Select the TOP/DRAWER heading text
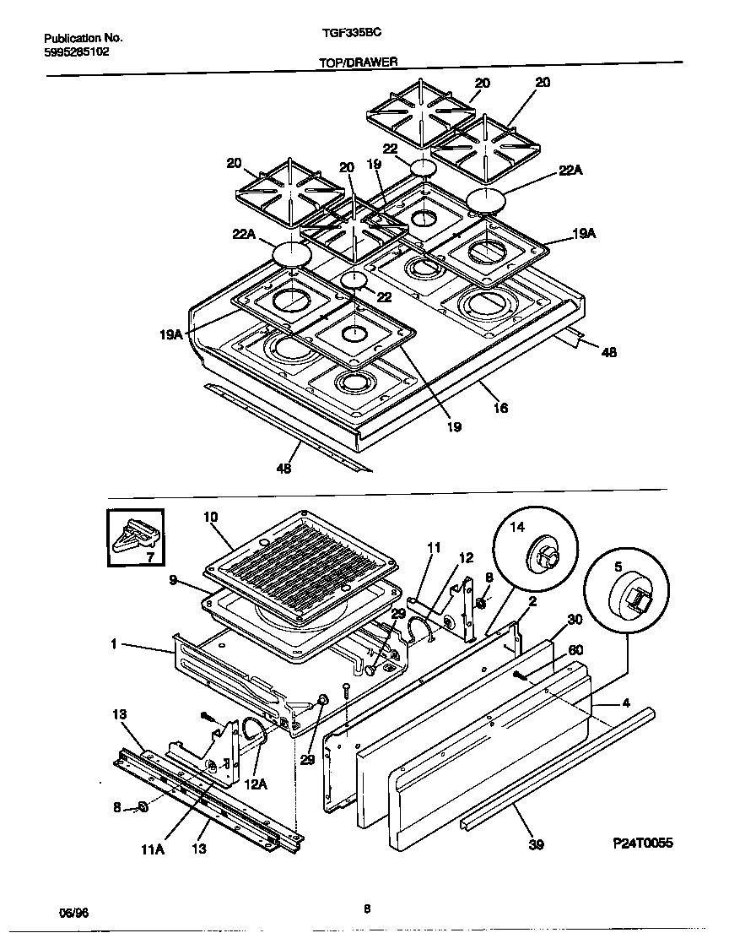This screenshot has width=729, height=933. (352, 62)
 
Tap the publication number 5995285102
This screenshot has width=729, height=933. (76, 51)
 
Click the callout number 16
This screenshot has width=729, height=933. (500, 408)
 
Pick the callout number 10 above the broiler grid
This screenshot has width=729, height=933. (210, 516)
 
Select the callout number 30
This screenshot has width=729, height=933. (575, 619)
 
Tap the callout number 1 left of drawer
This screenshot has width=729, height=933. (113, 644)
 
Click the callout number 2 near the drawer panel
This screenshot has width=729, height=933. (532, 601)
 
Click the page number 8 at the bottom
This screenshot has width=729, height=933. (367, 909)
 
